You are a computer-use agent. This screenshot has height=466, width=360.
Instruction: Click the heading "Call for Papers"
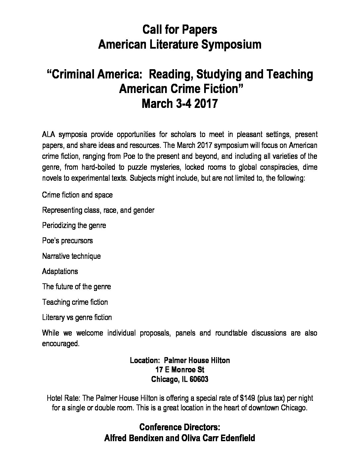tap(180, 30)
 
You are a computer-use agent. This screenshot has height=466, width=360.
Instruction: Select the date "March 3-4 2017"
tap(180, 104)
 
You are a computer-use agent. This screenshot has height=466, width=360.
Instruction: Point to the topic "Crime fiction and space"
tap(77, 195)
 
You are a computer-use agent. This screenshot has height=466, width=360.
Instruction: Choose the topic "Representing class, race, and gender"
tap(98, 210)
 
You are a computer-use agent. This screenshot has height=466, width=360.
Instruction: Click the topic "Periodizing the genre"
tap(74, 226)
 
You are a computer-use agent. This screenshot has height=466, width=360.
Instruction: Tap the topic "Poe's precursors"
tap(67, 241)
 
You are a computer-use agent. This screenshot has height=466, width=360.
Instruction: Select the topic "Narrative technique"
tap(71, 256)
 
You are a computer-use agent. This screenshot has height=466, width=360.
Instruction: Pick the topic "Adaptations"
tap(60, 271)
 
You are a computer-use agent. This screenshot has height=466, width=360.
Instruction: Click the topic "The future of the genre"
tap(76, 287)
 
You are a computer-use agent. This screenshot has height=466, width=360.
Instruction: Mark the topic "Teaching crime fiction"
tap(75, 302)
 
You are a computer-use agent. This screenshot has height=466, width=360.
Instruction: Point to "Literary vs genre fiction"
tap(77, 317)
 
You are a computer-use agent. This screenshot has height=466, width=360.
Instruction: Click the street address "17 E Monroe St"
tap(180, 370)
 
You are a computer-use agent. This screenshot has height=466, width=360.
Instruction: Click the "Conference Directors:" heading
tap(180, 427)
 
